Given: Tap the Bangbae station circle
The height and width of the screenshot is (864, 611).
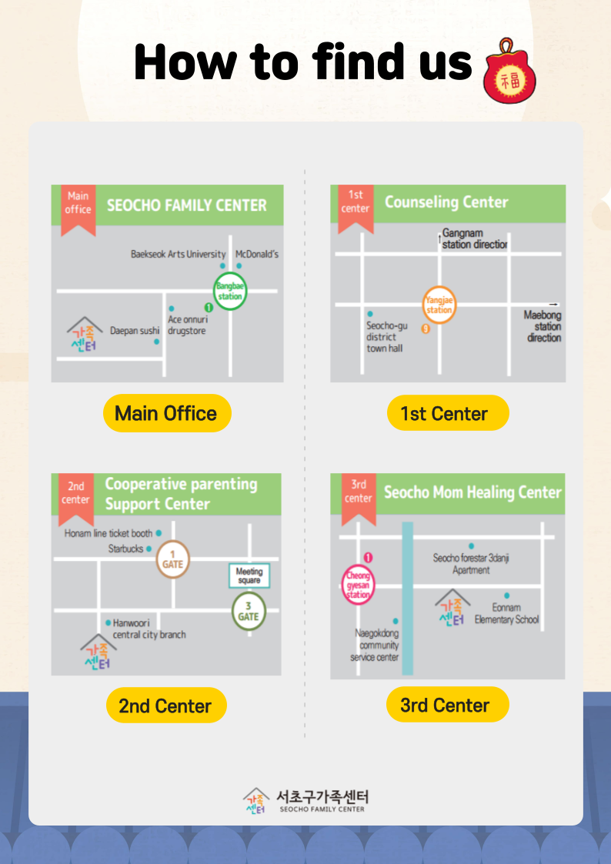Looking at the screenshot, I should [229, 292].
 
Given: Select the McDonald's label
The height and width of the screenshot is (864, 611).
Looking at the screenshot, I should [257, 254].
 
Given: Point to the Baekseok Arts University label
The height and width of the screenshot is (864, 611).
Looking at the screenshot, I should [179, 254].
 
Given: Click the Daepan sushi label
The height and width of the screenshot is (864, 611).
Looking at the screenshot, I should [135, 331].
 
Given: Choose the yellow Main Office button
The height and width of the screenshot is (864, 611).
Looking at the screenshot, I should [166, 413].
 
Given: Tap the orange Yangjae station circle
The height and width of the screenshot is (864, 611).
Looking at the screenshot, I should [439, 305].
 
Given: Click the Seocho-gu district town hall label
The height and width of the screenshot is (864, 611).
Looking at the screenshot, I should [386, 337].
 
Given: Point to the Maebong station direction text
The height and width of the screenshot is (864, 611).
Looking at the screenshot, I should [543, 326].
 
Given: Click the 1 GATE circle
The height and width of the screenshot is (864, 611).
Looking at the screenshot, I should [172, 559].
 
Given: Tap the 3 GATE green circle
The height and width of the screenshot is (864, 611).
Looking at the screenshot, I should [249, 612].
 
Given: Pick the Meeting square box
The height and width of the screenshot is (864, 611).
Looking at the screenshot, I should [249, 575].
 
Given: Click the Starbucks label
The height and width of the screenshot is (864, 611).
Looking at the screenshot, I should [125, 549].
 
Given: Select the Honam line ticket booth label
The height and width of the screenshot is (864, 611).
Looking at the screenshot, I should [109, 533].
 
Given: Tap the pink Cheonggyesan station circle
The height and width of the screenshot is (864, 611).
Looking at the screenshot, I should [357, 585].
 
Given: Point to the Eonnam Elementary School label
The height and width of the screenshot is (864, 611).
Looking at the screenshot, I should [506, 613].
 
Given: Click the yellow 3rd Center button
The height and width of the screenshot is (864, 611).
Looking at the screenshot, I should [445, 705].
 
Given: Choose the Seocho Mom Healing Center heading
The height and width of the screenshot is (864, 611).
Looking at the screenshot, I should [472, 492].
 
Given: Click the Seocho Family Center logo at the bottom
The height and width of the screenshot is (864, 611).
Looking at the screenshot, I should [305, 800].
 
